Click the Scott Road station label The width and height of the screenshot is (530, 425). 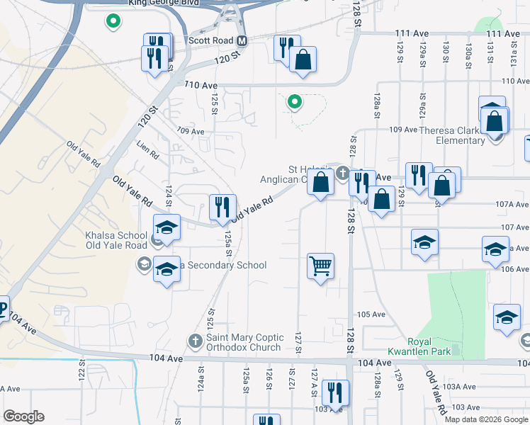[x=211, y=40]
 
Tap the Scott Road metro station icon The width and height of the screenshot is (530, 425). [x=242, y=40]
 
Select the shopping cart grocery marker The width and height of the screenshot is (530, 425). [x=320, y=267]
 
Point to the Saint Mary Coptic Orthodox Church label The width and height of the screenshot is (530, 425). [x=244, y=342]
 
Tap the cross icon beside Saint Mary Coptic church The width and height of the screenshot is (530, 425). [x=196, y=341]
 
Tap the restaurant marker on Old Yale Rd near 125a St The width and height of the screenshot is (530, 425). [x=222, y=208]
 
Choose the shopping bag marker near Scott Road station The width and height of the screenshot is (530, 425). [x=303, y=61]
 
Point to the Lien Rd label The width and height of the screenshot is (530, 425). [x=147, y=149]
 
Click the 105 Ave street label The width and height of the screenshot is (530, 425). [x=371, y=314]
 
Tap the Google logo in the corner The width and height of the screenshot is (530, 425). [x=23, y=416]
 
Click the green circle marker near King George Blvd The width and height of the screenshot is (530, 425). [x=112, y=21]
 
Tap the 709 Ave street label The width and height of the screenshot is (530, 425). [x=191, y=132]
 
